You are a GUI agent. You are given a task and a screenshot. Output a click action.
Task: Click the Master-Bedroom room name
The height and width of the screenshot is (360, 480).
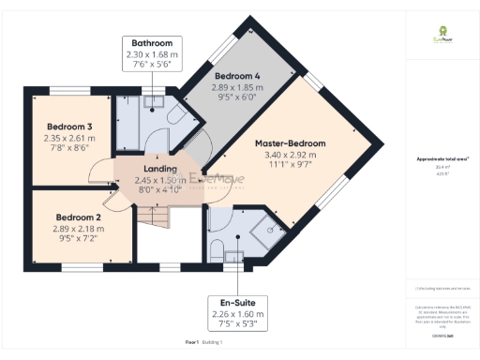(292, 143)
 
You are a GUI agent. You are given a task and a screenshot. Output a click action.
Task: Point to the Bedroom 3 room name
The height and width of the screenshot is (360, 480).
(70, 127)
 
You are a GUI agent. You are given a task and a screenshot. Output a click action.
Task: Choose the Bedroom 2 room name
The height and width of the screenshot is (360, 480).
(77, 215)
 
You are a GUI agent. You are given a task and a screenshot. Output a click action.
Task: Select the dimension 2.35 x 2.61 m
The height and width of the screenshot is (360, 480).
(70, 138)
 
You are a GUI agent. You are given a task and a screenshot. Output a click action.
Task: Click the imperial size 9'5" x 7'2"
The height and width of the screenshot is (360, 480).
(77, 237)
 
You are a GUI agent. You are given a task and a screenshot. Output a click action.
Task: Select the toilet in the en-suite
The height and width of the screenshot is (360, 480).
(217, 249)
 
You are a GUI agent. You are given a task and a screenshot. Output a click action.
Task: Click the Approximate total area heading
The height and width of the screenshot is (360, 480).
(442, 159)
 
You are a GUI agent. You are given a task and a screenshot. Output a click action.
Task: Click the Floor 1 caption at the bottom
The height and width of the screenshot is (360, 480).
(192, 343)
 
